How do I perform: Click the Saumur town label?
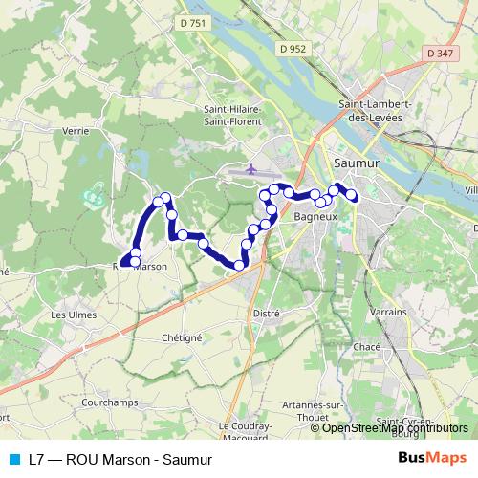point(357,163)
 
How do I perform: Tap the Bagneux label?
point(315,218)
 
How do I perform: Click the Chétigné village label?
point(182,337)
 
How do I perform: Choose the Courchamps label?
point(109,402)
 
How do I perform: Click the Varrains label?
point(387,312)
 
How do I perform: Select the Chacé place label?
point(366,346)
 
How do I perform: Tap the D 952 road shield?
point(293,47)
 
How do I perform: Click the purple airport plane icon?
point(250,169)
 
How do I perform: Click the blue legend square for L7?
point(14,458)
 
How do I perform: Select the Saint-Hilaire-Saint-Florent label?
point(233,115)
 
